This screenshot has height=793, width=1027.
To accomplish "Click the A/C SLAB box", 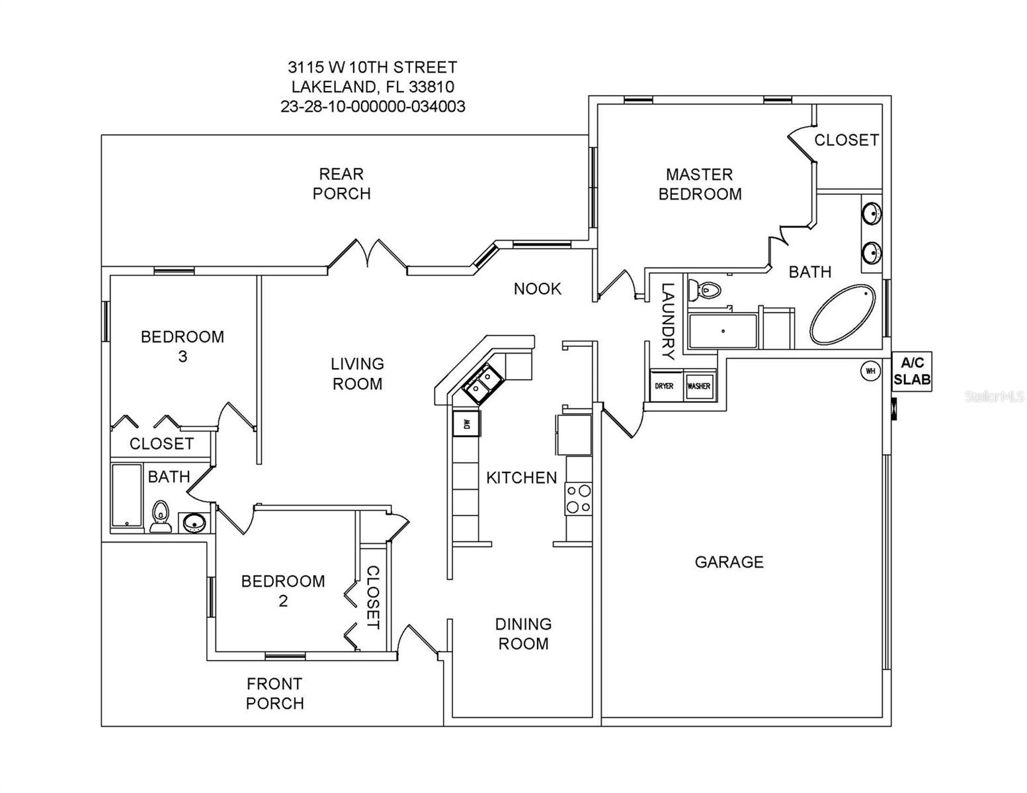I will coord(912,371).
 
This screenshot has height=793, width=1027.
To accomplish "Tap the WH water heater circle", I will coord(870,371).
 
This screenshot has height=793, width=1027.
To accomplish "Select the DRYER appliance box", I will coord(664,386).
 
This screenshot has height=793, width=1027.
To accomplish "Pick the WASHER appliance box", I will coord(699,386).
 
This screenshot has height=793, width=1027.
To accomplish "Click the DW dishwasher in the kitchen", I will coord(466,423).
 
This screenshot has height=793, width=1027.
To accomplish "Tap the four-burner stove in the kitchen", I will coord(579,499).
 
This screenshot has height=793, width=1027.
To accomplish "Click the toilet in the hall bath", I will coord(161,517).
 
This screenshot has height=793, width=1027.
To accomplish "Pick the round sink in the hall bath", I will coord(193,523).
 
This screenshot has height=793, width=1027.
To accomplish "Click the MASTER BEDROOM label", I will coord(700,184).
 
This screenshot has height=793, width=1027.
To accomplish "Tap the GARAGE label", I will coord(729,562).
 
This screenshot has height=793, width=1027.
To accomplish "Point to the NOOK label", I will coord(537,289).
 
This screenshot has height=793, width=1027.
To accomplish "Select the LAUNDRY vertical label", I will coord(668,321).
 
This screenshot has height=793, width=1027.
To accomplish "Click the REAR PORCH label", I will coord(341,184).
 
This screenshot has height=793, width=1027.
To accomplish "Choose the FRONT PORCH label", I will coord(274,693).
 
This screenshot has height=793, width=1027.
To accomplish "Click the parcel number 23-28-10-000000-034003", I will coord(372,106).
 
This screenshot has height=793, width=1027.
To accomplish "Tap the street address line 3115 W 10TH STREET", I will coord(372,67).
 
